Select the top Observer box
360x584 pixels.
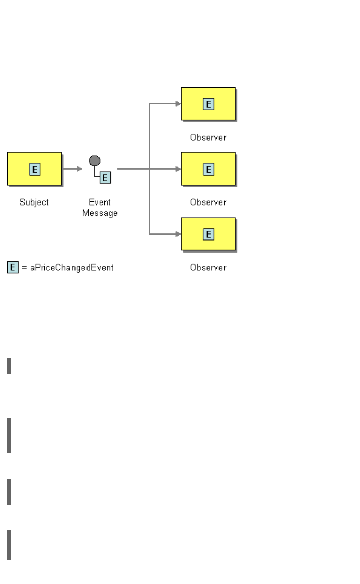[208, 104]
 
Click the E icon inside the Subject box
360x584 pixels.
[35, 169]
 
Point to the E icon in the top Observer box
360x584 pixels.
[208, 104]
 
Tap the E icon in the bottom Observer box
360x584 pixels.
[208, 234]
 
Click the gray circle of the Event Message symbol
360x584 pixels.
[95, 161]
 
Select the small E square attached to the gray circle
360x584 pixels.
[105, 178]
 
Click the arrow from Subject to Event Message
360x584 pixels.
[72, 169]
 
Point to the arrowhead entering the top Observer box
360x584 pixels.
[178, 103]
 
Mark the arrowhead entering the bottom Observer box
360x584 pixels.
[178, 234]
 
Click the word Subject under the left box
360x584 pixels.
[34, 202]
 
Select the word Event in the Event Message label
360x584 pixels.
[100, 202]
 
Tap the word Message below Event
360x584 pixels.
[100, 213]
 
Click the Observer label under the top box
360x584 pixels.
[208, 138]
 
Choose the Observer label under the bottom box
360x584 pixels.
[208, 268]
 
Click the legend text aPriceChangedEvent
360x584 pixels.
[72, 268]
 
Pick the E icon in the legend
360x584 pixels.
[13, 267]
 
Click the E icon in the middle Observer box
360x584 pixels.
[208, 169]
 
